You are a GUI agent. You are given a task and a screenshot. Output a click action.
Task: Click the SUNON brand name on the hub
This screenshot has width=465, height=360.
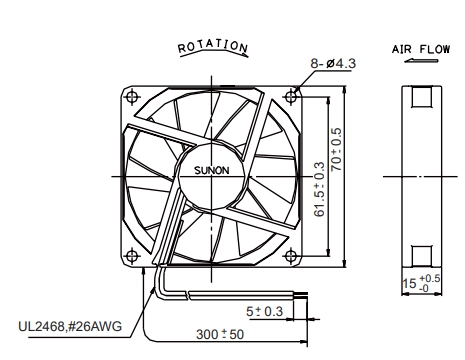point(212,170)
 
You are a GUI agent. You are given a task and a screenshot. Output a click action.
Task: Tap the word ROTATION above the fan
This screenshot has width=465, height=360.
point(213,46)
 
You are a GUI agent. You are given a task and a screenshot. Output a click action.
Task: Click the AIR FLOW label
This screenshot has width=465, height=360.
point(421,49)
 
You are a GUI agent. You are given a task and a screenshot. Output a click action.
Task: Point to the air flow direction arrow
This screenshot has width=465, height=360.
point(421,61)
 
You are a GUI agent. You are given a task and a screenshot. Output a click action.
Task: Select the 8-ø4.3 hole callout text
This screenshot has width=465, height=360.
point(333,63)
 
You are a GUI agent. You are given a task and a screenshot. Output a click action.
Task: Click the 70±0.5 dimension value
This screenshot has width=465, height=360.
point(336,149)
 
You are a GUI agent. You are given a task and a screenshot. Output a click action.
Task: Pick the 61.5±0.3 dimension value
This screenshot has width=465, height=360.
point(319,189)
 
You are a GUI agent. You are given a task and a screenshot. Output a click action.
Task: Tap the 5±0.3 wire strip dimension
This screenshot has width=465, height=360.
point(264,311)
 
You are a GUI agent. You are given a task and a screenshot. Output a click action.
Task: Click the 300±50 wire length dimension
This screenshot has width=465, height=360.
point(220,334)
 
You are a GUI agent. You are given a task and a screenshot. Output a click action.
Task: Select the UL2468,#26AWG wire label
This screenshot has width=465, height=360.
point(70,326)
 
